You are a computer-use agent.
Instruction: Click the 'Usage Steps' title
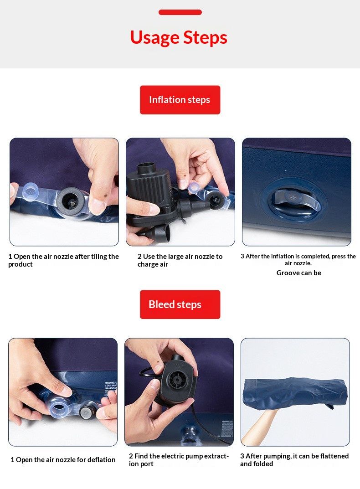(x=179, y=38)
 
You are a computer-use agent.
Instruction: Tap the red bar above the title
(x=180, y=12)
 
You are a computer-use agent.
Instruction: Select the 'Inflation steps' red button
(x=180, y=100)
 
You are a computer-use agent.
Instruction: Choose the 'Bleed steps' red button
(x=180, y=304)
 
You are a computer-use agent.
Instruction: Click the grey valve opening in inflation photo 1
(x=72, y=199)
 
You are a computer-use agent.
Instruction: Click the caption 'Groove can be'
(x=298, y=273)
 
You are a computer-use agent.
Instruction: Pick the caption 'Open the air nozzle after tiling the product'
(x=63, y=260)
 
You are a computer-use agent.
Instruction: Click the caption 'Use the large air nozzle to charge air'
(x=180, y=260)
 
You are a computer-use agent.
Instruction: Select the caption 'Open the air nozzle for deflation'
(x=63, y=460)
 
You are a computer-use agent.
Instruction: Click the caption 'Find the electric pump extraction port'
(x=179, y=460)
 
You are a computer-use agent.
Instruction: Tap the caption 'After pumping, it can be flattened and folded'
(x=294, y=460)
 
